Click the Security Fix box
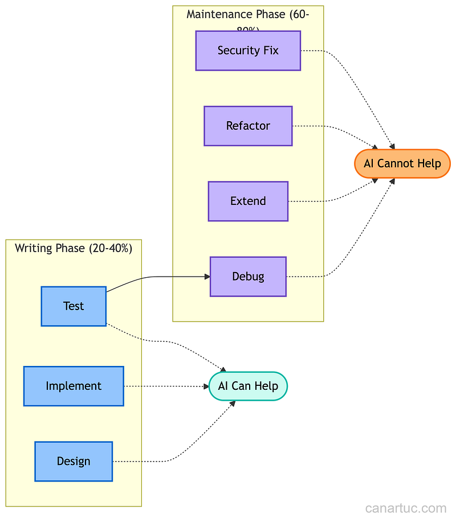[248, 51]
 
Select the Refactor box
[248, 126]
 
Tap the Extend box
[248, 201]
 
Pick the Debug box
[248, 277]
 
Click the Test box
[74, 306]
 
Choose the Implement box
[74, 386]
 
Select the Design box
[74, 462]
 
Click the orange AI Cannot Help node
[402, 164]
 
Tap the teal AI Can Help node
[248, 386]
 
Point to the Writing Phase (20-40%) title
[74, 248]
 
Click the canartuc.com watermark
[406, 508]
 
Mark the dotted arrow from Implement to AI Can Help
[165, 386]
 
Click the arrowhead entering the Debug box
[207, 277]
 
